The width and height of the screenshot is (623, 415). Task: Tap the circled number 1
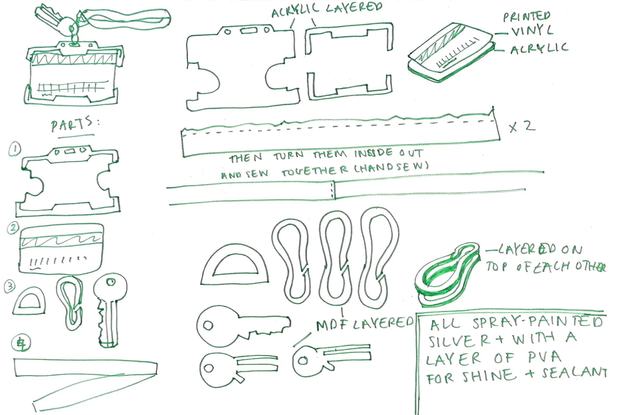(x=14, y=149)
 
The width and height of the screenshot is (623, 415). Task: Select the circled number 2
(x=13, y=228)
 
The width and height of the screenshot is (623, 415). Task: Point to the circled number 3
(x=10, y=286)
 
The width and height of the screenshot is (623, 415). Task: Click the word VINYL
(x=532, y=31)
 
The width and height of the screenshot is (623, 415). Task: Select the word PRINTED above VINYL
(x=527, y=16)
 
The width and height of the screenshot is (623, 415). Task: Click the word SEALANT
(x=575, y=373)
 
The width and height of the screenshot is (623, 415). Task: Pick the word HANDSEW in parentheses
(x=392, y=167)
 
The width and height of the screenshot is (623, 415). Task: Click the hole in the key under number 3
(x=111, y=282)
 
